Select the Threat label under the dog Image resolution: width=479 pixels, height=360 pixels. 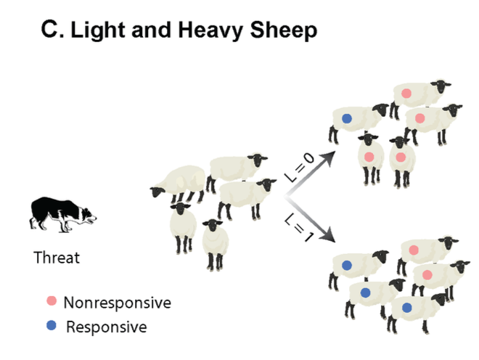tap(57, 257)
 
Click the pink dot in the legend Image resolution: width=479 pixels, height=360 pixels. tap(51, 301)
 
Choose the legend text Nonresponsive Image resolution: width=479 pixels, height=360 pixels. tap(117, 302)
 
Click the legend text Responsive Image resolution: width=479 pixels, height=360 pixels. tap(106, 327)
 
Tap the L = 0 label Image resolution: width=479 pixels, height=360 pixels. tap(298, 169)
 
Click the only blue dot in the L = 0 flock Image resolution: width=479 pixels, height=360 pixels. tap(347, 118)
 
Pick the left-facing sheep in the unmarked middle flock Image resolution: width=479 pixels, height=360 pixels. tap(178, 182)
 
